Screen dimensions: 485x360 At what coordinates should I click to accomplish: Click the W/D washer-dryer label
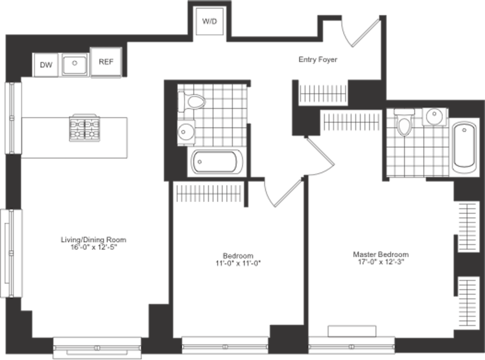tap(210, 21)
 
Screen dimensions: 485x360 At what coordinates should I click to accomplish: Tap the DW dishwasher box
tap(46, 65)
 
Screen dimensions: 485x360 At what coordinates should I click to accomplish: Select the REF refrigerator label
tap(106, 62)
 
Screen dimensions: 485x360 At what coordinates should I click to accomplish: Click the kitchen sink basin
tap(75, 65)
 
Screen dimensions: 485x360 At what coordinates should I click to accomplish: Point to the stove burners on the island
tap(85, 128)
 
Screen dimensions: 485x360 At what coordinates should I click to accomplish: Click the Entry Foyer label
tap(318, 60)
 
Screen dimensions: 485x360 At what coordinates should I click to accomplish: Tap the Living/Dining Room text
tap(94, 240)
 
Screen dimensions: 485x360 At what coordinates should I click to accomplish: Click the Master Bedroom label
tap(381, 255)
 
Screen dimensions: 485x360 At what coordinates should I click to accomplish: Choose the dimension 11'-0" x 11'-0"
tap(238, 264)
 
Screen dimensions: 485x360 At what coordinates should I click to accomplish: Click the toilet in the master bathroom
tap(404, 122)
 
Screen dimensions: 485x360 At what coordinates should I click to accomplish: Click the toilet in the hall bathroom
tap(192, 102)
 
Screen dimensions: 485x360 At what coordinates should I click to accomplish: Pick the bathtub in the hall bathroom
tap(217, 162)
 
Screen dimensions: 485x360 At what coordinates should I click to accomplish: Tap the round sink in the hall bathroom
tap(186, 132)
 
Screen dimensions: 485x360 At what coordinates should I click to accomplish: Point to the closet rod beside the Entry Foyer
tap(323, 94)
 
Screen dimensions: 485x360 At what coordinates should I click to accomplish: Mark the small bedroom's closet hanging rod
tap(209, 194)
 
